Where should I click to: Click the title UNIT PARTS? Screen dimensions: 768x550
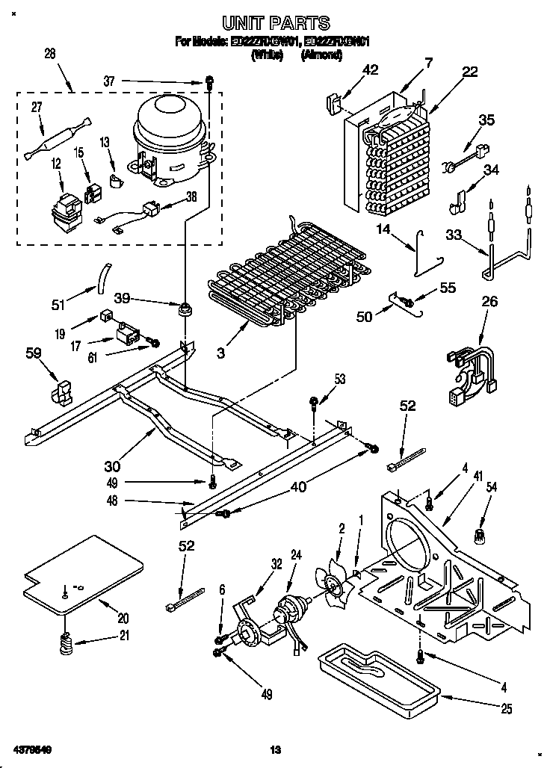pyautogui.click(x=275, y=23)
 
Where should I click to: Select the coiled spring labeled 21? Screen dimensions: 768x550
pyautogui.click(x=67, y=640)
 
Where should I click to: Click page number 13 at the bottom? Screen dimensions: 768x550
pyautogui.click(x=275, y=749)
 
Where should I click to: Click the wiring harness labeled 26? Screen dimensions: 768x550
pyautogui.click(x=471, y=368)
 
